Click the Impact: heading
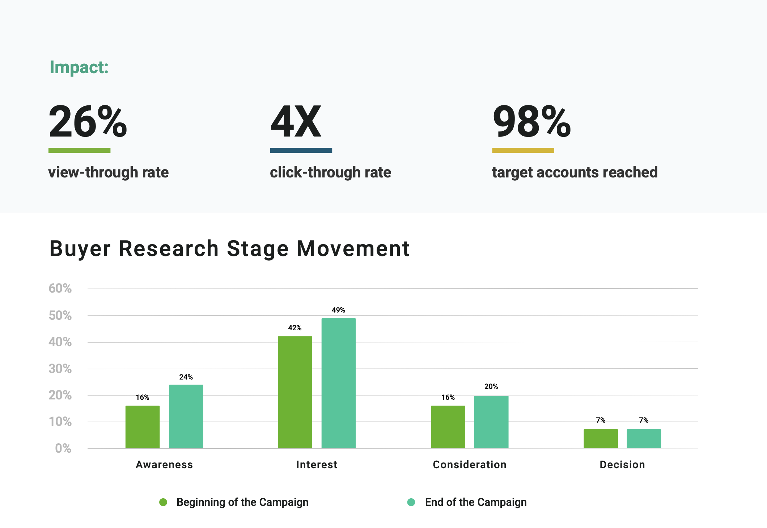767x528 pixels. click(79, 67)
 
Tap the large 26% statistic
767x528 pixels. click(88, 122)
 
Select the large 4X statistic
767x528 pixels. click(296, 122)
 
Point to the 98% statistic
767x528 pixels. click(531, 122)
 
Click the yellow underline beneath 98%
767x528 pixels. click(523, 150)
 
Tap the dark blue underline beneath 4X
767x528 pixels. click(301, 150)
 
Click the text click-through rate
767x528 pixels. click(330, 172)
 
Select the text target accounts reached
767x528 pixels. click(575, 172)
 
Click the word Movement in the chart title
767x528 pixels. click(353, 249)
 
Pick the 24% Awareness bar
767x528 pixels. click(186, 416)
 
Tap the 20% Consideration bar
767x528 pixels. click(491, 422)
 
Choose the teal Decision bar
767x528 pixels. click(644, 439)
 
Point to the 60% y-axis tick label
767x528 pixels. click(60, 289)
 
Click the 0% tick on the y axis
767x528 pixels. click(63, 448)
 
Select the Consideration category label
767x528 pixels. click(470, 465)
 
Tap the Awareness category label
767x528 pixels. click(164, 465)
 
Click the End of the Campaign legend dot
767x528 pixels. click(411, 502)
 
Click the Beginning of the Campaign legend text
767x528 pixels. click(242, 502)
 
